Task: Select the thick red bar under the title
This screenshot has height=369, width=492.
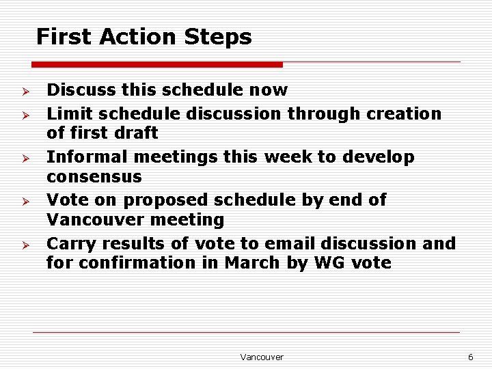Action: pyautogui.click(x=156, y=65)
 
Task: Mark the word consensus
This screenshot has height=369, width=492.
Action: pyautogui.click(x=94, y=176)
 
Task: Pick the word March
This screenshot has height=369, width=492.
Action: pyautogui.click(x=252, y=262)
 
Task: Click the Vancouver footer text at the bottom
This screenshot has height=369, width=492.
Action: pyautogui.click(x=262, y=357)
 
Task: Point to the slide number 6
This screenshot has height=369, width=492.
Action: pyautogui.click(x=470, y=357)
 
